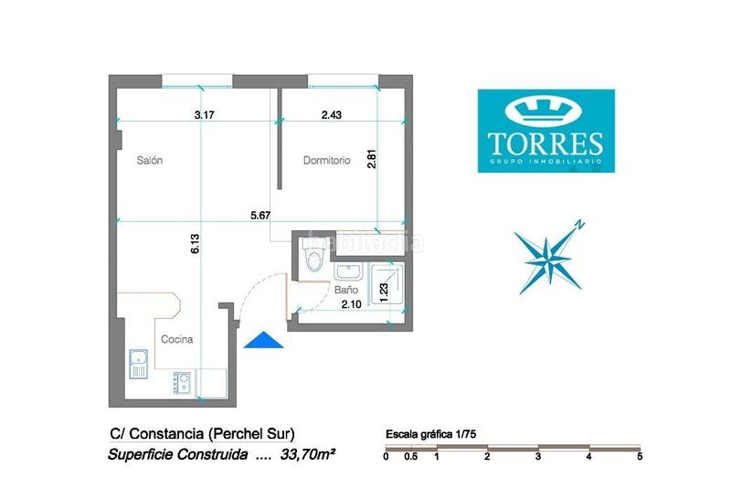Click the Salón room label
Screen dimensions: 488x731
click(150, 161)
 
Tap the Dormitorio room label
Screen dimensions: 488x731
click(327, 161)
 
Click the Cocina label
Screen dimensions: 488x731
click(176, 339)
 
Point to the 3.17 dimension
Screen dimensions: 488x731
click(205, 115)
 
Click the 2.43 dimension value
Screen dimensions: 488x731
click(331, 115)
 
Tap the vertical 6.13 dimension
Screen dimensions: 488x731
click(195, 242)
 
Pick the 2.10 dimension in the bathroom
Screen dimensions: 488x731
click(351, 305)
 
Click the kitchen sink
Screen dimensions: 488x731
click(138, 363)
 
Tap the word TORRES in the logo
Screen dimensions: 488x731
click(546, 143)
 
